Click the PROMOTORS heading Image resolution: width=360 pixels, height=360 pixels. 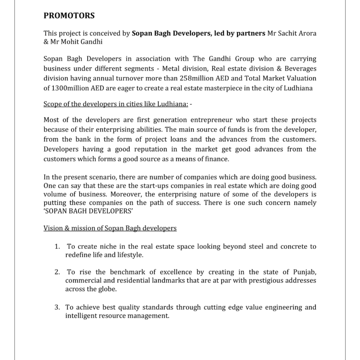[69, 16]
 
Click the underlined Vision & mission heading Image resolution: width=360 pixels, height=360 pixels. [110, 228]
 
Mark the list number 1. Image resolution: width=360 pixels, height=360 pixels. [57, 246]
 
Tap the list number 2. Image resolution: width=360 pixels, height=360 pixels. [57, 272]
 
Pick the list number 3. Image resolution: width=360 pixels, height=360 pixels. [57, 307]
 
